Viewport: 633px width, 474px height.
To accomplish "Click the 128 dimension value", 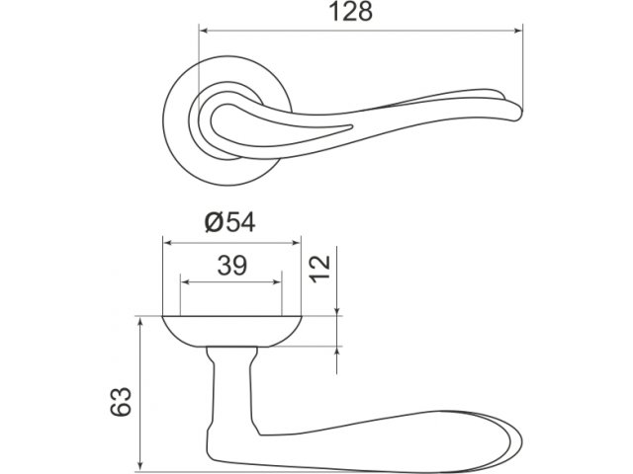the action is pyautogui.click(x=351, y=12).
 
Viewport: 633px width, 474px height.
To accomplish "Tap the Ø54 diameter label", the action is pyautogui.click(x=230, y=222).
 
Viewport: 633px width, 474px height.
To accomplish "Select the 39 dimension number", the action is pyautogui.click(x=232, y=266).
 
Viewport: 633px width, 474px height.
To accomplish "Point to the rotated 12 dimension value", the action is pyautogui.click(x=320, y=269).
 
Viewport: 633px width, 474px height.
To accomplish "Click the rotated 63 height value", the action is pyautogui.click(x=121, y=401).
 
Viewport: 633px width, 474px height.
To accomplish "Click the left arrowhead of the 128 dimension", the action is pyautogui.click(x=205, y=31).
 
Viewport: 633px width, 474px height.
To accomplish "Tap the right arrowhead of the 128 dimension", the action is pyautogui.click(x=517, y=31).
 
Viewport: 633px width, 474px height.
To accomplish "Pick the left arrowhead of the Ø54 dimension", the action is pyautogui.click(x=168, y=243).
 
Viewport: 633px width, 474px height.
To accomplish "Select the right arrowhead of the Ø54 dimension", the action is pyautogui.click(x=296, y=243).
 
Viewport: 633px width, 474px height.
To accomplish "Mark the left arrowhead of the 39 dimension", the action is pyautogui.click(x=185, y=281).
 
